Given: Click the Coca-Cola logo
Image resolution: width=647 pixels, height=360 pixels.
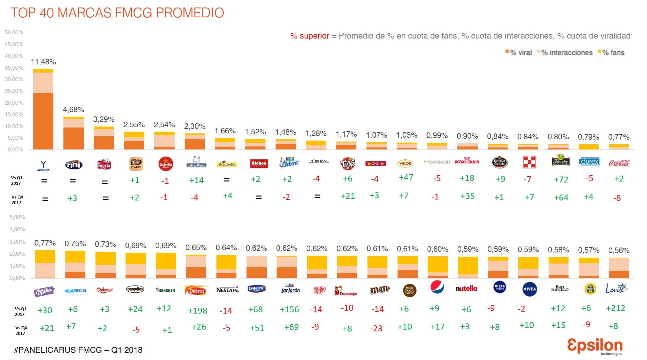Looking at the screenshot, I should pyautogui.click(x=619, y=163).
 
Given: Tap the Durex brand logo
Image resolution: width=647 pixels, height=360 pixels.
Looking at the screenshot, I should pyautogui.click(x=589, y=162).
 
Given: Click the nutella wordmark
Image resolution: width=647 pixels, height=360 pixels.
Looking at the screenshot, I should pyautogui.click(x=467, y=288).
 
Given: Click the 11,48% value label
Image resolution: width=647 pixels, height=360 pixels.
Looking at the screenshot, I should pyautogui.click(x=43, y=62).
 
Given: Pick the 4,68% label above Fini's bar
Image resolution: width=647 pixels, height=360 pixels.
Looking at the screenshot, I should pyautogui.click(x=74, y=110).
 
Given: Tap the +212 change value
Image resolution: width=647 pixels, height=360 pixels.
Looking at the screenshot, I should pyautogui.click(x=615, y=308).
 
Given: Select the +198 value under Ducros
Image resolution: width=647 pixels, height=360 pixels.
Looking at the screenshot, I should pyautogui.click(x=197, y=311).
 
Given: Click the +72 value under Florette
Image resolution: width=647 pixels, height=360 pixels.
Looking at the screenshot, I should pyautogui.click(x=561, y=180).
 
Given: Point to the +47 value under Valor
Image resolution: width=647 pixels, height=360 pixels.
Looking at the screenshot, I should pyautogui.click(x=406, y=177).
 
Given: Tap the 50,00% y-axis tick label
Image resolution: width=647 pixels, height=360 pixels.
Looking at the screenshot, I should pyautogui.click(x=14, y=32).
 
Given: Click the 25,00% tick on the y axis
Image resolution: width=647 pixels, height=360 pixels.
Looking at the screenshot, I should pyautogui.click(x=14, y=91).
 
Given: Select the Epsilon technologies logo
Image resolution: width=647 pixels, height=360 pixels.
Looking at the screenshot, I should pyautogui.click(x=595, y=346).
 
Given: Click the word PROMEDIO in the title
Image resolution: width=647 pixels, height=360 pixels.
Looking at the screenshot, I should pyautogui.click(x=190, y=13).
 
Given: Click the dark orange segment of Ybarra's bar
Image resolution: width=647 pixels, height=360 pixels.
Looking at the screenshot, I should pyautogui.click(x=43, y=121).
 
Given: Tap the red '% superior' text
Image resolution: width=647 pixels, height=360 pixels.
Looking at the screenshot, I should pyautogui.click(x=310, y=36).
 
